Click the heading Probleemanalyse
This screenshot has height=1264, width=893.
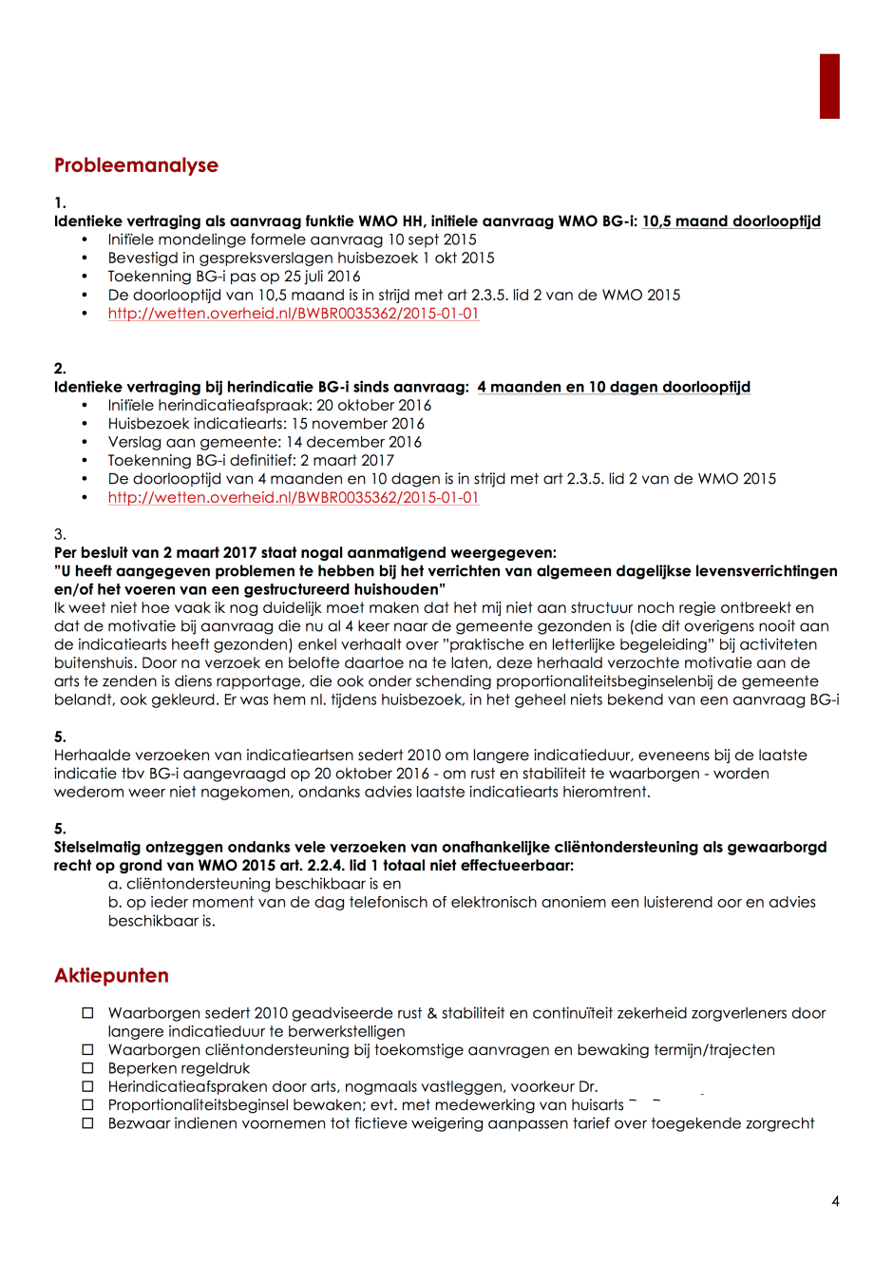[136, 165]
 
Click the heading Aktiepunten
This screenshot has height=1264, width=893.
[111, 976]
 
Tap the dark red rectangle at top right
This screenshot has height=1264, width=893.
[829, 86]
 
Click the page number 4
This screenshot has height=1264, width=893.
[835, 1201]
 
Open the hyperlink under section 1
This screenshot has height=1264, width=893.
[293, 314]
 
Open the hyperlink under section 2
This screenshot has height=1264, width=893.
[293, 498]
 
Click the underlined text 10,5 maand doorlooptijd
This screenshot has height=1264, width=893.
[731, 221]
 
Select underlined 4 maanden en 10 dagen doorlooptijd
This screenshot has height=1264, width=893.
[614, 387]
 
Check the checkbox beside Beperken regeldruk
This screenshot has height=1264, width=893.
[87, 1068]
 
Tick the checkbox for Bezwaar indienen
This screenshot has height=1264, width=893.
[87, 1123]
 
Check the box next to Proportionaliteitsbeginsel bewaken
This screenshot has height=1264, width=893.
[87, 1105]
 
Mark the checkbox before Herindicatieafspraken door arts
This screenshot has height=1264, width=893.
[87, 1086]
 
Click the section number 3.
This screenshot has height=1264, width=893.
[60, 534]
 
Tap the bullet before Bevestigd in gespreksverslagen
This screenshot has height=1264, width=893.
[85, 259]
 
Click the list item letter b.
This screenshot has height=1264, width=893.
[114, 902]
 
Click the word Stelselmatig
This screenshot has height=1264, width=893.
[97, 847]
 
